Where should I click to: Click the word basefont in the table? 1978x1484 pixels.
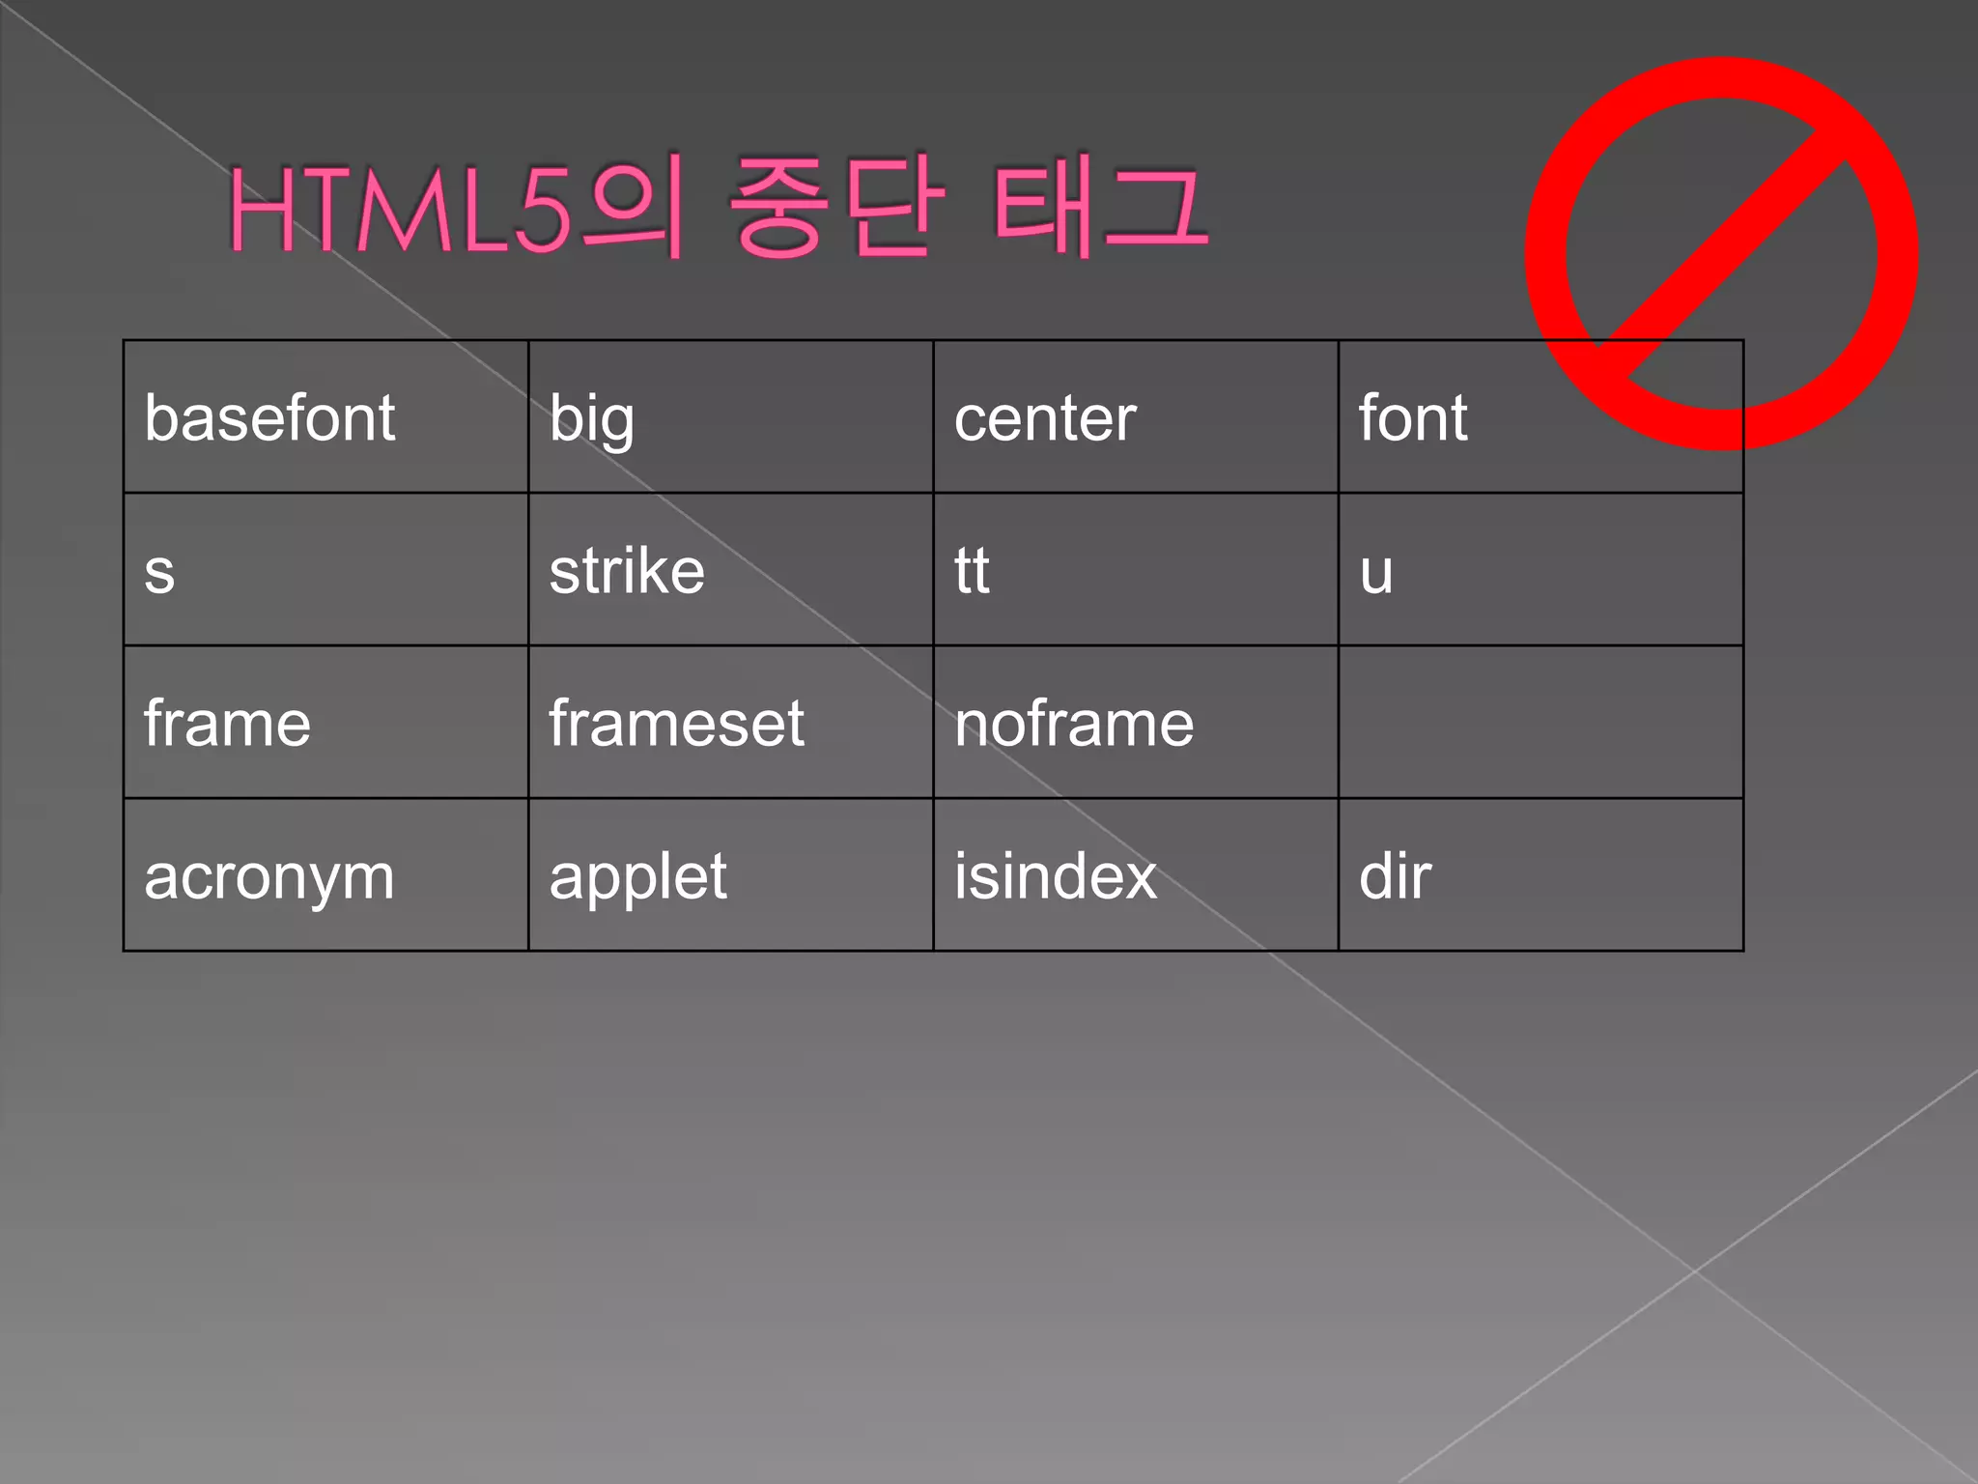pos(269,418)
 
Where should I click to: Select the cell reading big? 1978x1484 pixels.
pos(591,420)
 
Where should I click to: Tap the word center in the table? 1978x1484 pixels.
pos(1045,419)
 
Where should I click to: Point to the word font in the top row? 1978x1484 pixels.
pos(1413,418)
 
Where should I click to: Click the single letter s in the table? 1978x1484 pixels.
pos(159,573)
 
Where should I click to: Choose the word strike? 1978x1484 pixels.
pos(627,571)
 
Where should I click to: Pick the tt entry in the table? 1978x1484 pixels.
pos(972,571)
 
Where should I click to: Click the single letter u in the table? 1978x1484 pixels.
pos(1376,573)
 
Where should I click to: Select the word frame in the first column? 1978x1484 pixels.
pos(227,724)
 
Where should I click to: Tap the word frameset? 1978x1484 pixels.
pos(676,724)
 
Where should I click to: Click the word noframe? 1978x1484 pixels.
pos(1074,724)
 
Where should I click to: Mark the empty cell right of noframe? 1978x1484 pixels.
pos(1540,723)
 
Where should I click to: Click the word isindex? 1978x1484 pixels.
pos(1056,876)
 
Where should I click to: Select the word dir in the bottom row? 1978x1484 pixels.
pos(1395,876)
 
